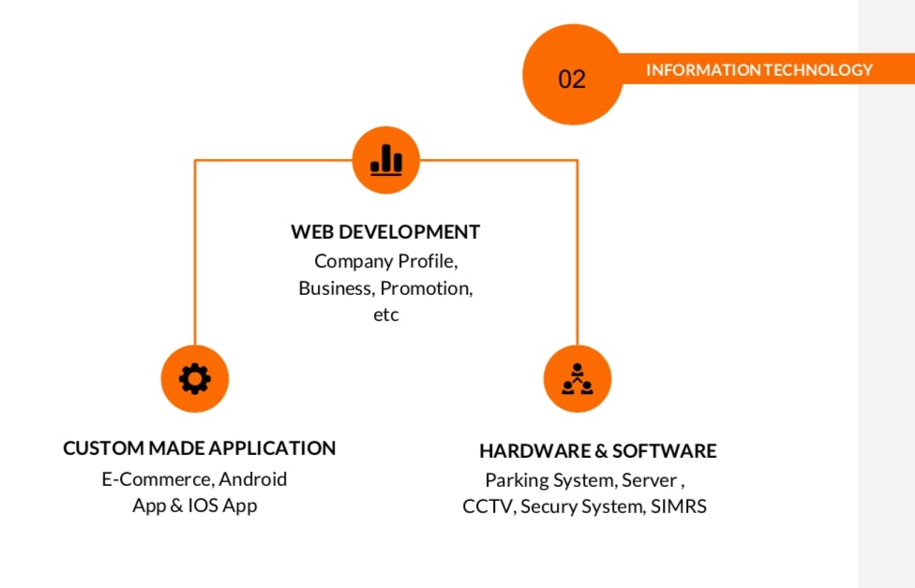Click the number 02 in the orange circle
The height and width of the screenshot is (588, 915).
click(x=571, y=79)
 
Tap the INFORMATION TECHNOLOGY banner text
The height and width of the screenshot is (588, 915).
click(x=758, y=69)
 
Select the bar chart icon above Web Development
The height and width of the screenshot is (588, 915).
click(x=386, y=160)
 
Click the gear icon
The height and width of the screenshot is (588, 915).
click(x=195, y=378)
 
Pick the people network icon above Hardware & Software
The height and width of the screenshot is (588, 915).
click(x=577, y=378)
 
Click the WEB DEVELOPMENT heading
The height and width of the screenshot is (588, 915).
click(x=385, y=231)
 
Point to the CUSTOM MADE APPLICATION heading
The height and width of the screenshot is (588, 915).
click(x=199, y=448)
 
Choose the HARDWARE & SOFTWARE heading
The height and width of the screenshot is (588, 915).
click(x=597, y=451)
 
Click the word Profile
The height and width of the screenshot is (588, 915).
click(x=427, y=260)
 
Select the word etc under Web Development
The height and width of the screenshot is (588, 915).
click(x=385, y=315)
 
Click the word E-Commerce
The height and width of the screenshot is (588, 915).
click(x=157, y=479)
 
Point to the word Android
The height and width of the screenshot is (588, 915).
click(x=253, y=479)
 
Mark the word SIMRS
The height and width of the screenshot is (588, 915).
click(x=679, y=507)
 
